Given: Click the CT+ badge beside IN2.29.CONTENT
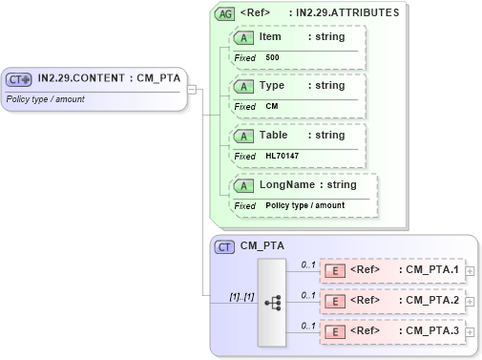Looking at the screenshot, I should pos(19,79).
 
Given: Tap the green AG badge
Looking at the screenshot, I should pos(224,13).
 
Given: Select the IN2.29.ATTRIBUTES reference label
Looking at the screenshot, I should pos(348,13).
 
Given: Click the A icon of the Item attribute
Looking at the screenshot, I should pos(243,37).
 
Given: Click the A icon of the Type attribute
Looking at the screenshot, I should pos(243,86).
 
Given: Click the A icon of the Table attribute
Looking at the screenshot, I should pos(243,136).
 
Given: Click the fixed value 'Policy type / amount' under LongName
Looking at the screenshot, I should pos(304,205).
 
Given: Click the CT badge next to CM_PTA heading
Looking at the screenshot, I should pos(224,247).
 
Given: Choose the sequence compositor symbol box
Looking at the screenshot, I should pos(272,302).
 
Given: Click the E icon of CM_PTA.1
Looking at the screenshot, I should pos(335,270).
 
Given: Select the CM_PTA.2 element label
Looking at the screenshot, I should pos(428,301).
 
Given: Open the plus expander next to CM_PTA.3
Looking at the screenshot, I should pos(470,333).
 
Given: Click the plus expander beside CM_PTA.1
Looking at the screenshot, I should pos(470,272).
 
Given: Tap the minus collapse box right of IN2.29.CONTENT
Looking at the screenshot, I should pos(192,89).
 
